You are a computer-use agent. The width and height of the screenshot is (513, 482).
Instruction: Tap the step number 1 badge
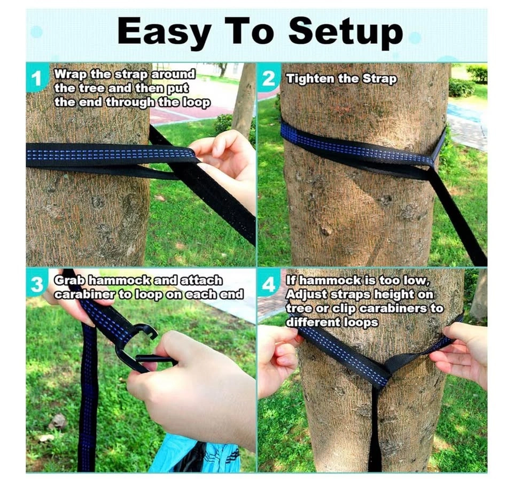(x=37, y=79)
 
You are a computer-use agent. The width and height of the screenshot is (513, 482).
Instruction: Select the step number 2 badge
(x=268, y=79)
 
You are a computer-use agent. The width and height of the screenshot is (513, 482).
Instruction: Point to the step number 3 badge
(x=37, y=285)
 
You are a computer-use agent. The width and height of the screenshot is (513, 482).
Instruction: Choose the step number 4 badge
(x=268, y=285)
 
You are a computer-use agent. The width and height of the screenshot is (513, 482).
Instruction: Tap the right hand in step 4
(x=461, y=353)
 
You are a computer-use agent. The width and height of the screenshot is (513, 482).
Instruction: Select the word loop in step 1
(x=196, y=102)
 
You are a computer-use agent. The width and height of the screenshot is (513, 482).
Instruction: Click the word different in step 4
(x=314, y=322)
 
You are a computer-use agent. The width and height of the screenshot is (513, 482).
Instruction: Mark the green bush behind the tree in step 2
(x=461, y=88)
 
